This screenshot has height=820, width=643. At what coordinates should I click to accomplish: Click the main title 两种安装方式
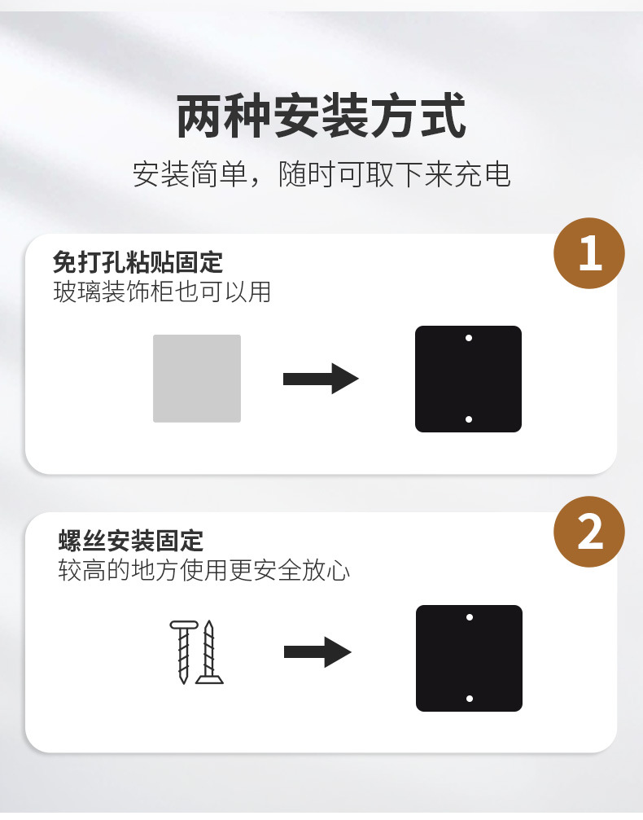(x=321, y=116)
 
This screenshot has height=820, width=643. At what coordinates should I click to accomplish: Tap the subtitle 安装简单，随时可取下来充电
(x=321, y=174)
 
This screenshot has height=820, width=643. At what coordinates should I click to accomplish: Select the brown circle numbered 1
(x=589, y=253)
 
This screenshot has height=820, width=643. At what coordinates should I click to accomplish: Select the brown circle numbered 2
(x=589, y=532)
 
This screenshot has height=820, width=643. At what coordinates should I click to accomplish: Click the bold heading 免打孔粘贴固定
(x=138, y=262)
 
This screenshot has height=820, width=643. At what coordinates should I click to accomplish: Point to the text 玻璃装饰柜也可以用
(x=162, y=292)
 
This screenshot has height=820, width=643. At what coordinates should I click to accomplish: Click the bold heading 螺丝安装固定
(x=131, y=541)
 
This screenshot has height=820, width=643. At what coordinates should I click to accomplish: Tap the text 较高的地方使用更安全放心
(x=203, y=570)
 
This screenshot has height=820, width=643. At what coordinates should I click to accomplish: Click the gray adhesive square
(x=196, y=378)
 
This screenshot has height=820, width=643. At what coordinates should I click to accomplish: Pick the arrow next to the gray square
(x=321, y=379)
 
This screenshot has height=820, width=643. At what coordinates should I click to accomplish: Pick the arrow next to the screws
(x=318, y=652)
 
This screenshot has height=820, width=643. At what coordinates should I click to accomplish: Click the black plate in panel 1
(x=468, y=379)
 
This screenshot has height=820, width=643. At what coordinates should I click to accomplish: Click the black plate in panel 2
(x=470, y=658)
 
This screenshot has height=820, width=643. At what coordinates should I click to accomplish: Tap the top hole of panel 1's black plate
(x=469, y=339)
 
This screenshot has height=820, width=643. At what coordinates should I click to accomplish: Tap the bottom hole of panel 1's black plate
(x=469, y=419)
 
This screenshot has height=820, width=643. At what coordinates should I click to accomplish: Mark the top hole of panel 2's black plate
(x=470, y=617)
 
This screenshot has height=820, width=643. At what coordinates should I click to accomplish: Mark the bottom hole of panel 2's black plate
(x=470, y=699)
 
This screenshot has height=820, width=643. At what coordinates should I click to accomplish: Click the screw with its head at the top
(x=183, y=651)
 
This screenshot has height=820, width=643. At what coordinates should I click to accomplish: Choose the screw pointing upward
(x=209, y=652)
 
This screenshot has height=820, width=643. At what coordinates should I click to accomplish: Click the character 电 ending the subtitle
(x=497, y=174)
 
